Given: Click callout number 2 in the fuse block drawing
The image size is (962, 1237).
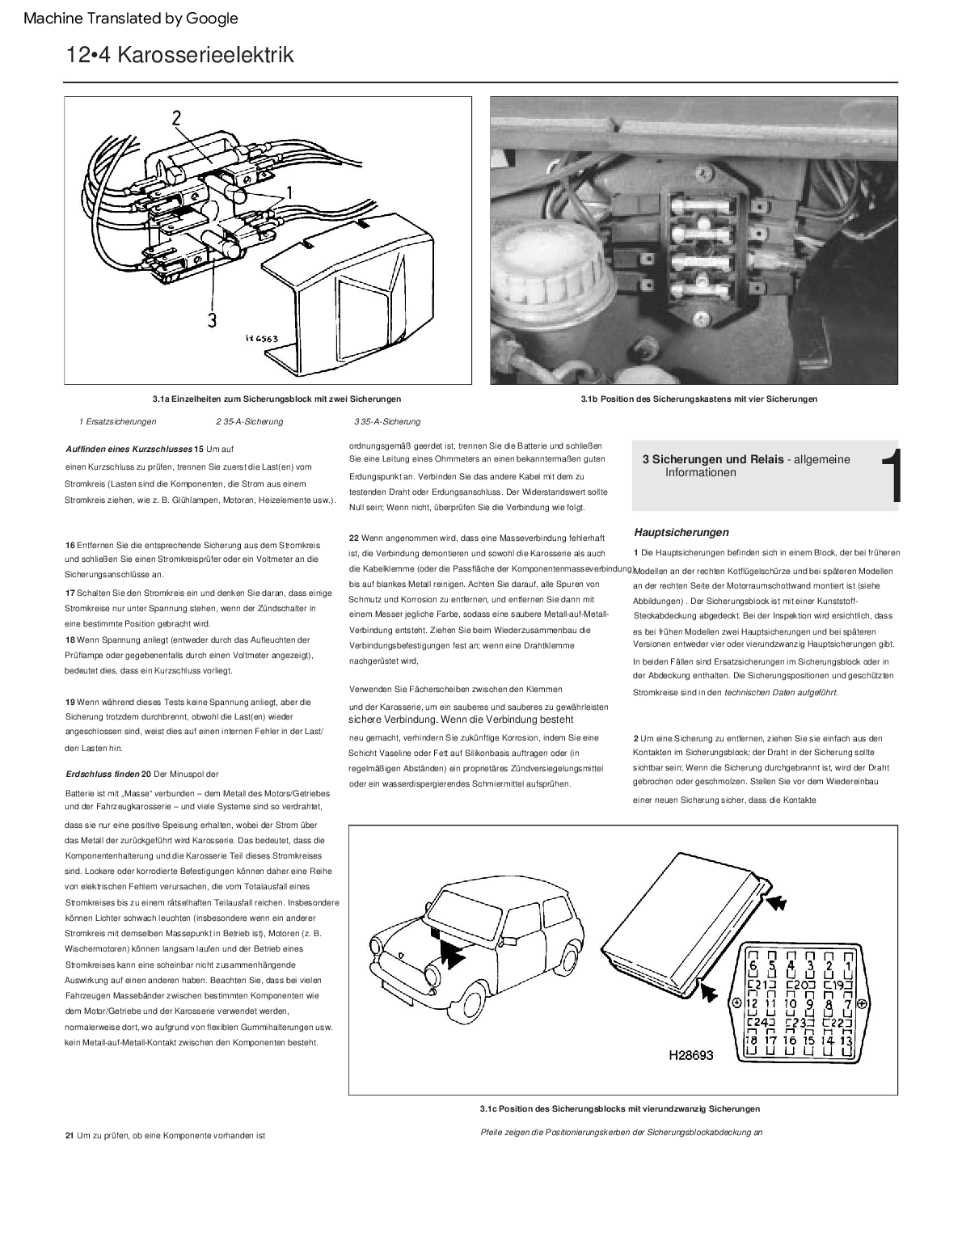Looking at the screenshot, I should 176,119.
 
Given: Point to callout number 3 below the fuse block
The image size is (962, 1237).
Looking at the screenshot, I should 211,320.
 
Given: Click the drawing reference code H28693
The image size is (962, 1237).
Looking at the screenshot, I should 690,1055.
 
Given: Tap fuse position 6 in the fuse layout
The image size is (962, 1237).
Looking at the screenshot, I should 753,965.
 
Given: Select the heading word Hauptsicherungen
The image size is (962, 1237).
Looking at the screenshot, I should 681,532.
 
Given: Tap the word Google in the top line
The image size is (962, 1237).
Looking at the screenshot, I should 213,18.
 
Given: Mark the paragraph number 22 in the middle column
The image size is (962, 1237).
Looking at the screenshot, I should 354,538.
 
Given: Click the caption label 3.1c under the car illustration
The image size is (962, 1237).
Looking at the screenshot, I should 487,1108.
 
